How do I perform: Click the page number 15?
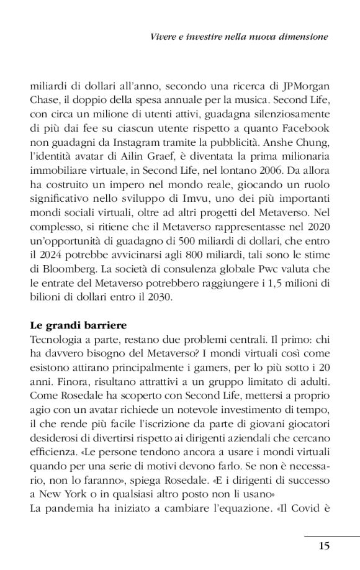point(323,546)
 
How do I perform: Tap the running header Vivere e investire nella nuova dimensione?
point(239,37)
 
